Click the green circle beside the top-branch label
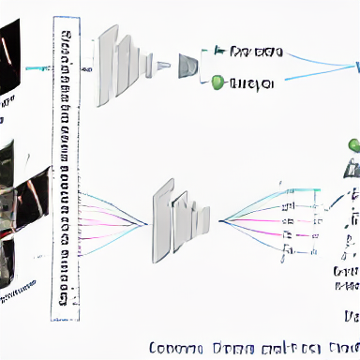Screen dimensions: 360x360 tap(217, 82)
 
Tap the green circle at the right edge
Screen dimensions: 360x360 tap(353, 145)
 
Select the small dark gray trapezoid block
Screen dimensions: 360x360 tap(188, 64)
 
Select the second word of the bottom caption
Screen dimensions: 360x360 tap(229, 347)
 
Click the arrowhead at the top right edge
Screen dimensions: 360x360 tap(355, 67)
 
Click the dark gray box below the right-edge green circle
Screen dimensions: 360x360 tap(353, 168)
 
